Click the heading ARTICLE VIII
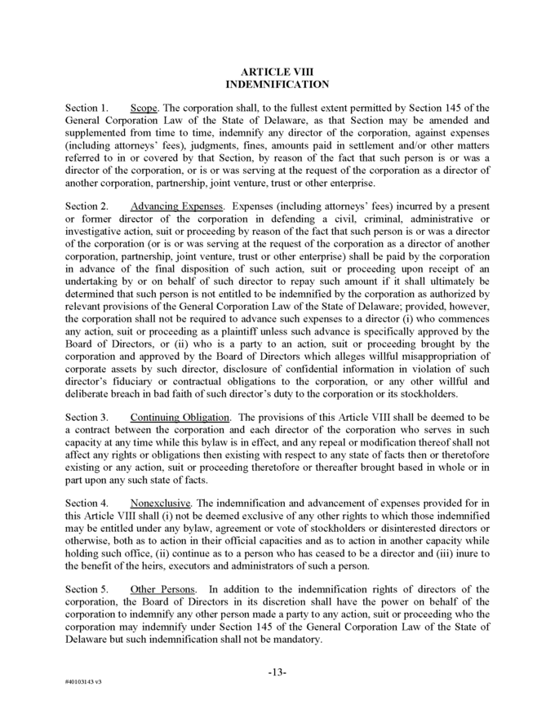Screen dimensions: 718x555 pos(277,72)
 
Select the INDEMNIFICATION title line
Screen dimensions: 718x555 pos(277,84)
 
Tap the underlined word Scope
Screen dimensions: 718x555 pos(144,109)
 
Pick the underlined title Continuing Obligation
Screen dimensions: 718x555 pos(180,417)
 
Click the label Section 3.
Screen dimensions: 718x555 pos(87,417)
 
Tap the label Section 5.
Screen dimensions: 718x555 pos(87,590)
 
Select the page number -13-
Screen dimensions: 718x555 pos(277,671)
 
